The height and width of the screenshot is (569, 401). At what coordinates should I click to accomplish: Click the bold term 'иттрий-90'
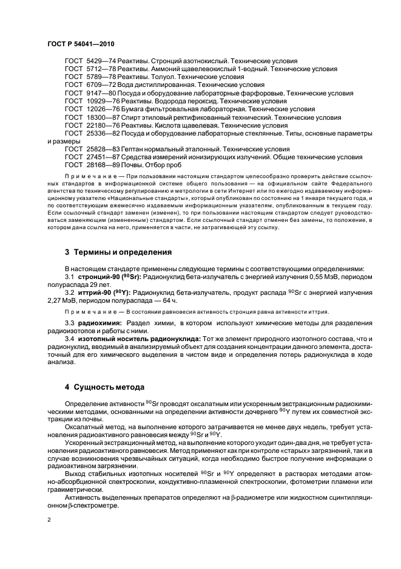point(93,292)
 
